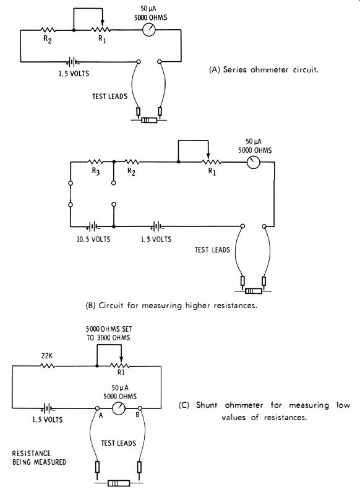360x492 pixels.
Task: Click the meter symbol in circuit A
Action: (149, 30)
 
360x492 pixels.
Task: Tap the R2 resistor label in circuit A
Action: (48, 39)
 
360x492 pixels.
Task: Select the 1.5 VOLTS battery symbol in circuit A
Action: (72, 62)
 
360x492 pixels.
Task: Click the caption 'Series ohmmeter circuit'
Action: (264, 70)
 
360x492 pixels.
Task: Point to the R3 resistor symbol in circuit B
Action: (96, 162)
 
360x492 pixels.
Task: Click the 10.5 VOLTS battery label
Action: (93, 239)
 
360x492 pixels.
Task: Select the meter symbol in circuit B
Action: (254, 162)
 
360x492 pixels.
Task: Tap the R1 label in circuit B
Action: (212, 171)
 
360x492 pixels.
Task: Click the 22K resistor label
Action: (47, 355)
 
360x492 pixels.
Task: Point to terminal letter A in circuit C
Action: (101, 415)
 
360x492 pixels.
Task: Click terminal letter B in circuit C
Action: (137, 415)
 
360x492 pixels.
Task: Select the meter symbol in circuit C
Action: (119, 408)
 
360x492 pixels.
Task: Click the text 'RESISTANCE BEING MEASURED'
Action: (39, 457)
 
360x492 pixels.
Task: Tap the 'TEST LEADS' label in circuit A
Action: (109, 96)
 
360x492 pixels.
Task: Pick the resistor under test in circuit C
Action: (119, 483)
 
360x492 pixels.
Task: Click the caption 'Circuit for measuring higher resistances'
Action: (171, 305)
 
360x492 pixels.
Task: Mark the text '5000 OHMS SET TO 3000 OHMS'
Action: (109, 333)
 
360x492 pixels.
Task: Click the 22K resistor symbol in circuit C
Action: (48, 366)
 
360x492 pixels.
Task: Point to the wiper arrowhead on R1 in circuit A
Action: (102, 24)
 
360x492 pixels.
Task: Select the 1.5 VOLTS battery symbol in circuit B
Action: (156, 226)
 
